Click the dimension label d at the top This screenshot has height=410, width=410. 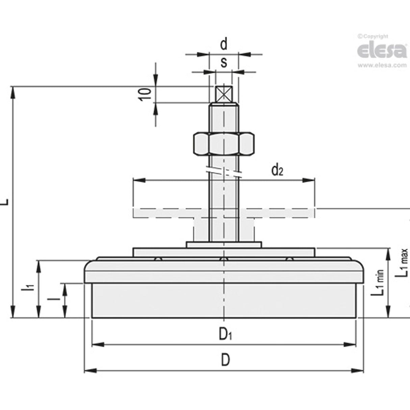[x=224, y=44]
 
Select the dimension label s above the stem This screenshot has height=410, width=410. [x=224, y=62]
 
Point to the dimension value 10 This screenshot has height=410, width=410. [x=145, y=94]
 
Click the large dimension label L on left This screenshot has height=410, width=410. [x=5, y=202]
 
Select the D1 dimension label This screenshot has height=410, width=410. [x=225, y=334]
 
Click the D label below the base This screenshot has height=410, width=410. [x=225, y=360]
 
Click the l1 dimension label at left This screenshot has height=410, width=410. [x=30, y=288]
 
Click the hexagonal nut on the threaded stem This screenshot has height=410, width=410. [x=224, y=144]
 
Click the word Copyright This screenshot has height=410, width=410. [x=375, y=36]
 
